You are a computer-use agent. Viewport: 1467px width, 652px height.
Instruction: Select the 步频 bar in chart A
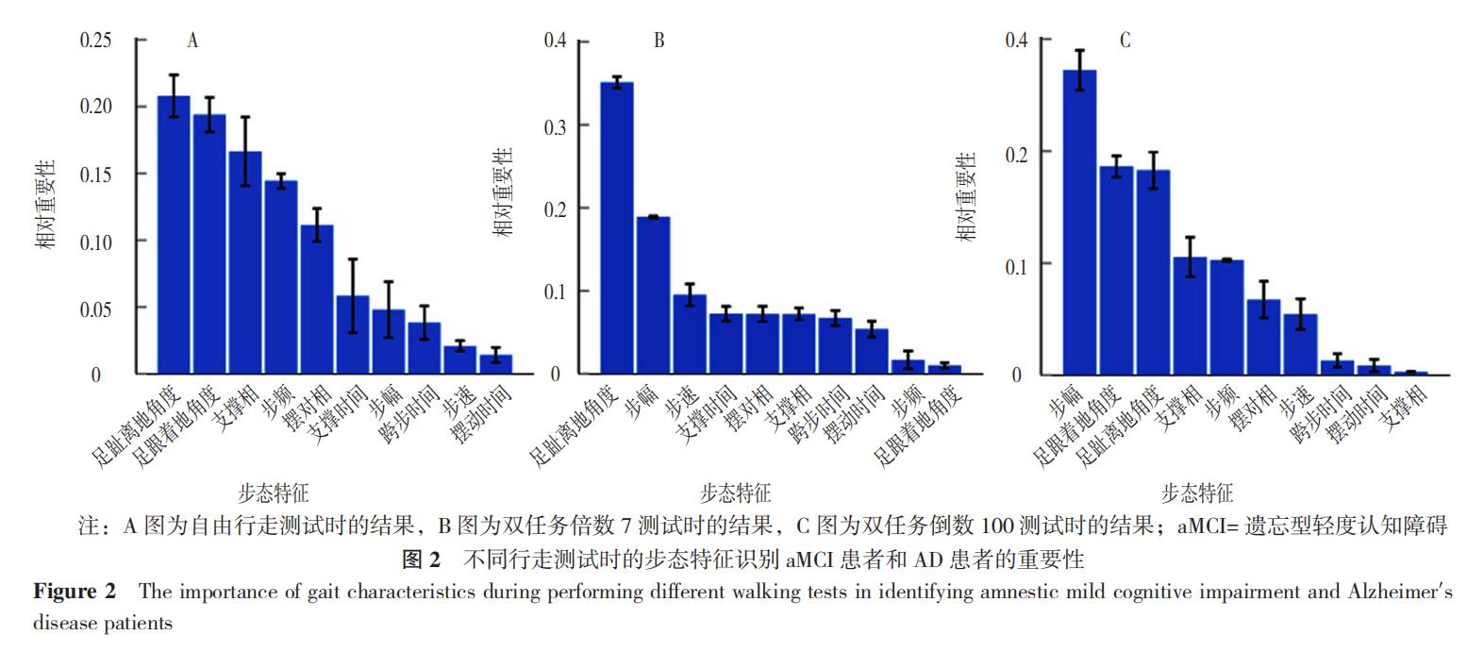[x=281, y=277]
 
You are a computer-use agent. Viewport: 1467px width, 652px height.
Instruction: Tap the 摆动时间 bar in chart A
[x=496, y=365]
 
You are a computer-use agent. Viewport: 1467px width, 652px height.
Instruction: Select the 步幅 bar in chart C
[x=1079, y=223]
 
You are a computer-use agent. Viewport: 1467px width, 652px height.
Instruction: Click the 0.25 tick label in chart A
[x=95, y=41]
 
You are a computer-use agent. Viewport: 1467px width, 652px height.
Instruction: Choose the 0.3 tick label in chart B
[x=555, y=125]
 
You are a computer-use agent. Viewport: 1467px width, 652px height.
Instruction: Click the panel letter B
[x=658, y=41]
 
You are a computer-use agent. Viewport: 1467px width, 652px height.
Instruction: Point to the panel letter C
[x=1125, y=41]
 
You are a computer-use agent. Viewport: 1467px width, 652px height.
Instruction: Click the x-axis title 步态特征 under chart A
[x=274, y=493]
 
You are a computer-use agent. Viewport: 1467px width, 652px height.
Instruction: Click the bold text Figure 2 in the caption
[x=75, y=593]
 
